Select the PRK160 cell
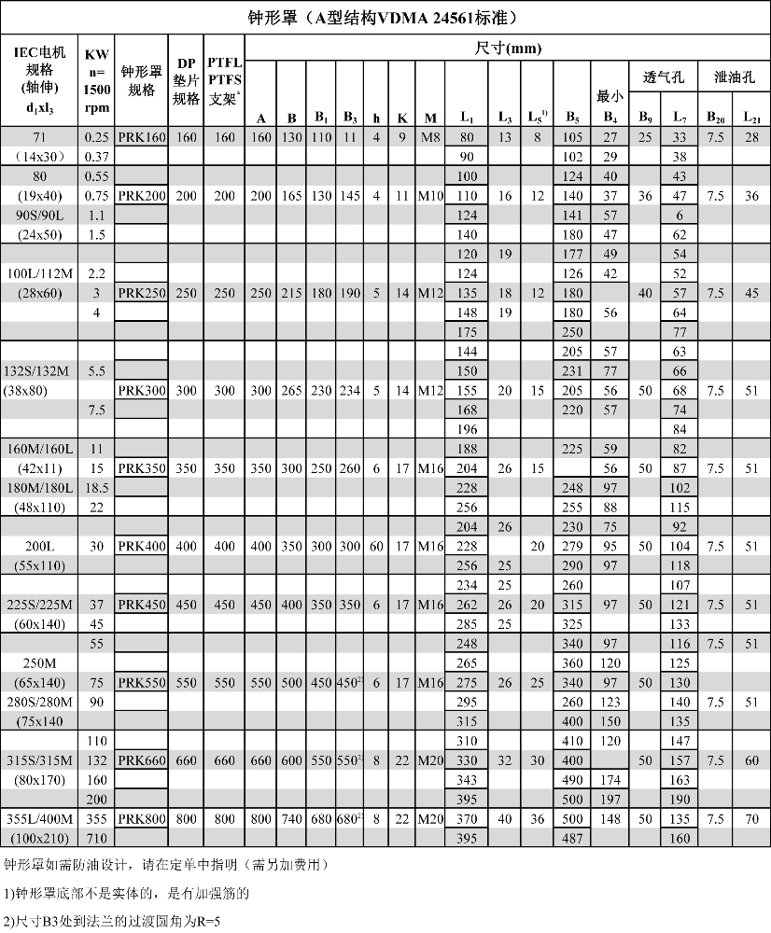142,138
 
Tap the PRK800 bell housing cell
142,819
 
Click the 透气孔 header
661,77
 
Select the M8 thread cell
430,138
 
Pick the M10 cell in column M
430,196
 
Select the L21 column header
751,118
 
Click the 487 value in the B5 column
571,839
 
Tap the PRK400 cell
142,547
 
